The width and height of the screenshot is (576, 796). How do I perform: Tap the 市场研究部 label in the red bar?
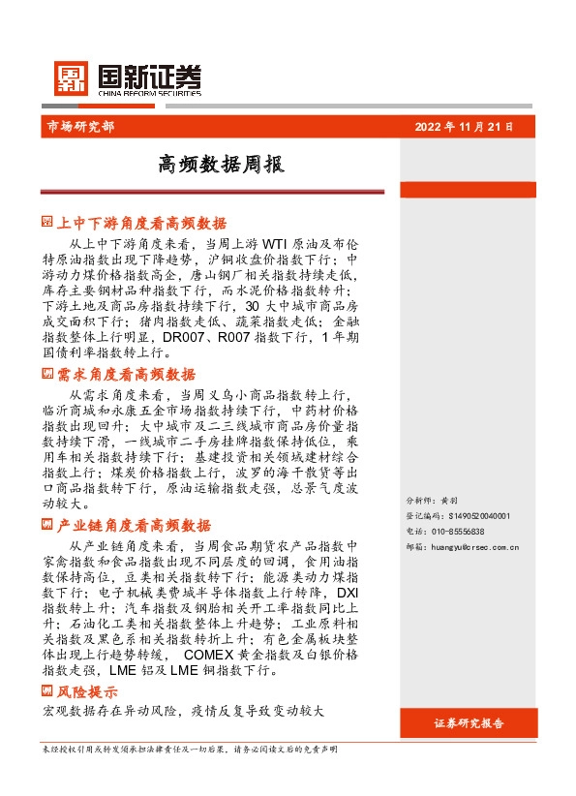coord(79,126)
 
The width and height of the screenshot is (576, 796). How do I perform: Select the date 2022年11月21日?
coord(464,126)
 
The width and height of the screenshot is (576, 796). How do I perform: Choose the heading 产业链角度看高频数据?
coord(134,526)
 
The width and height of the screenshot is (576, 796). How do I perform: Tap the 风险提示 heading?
coord(88,692)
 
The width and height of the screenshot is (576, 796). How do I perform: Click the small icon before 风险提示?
coord(47,691)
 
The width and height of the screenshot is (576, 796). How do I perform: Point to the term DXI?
coord(348,592)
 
